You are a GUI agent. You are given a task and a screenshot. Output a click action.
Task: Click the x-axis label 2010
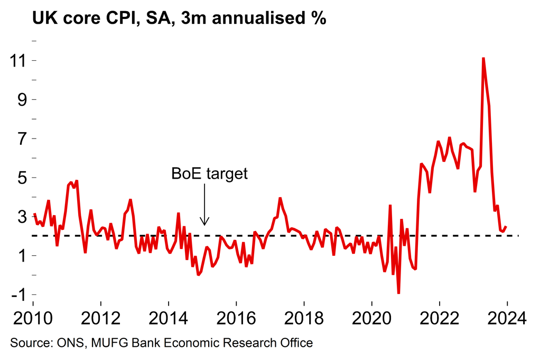click(x=33, y=319)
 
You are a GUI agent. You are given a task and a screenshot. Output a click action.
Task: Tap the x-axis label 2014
click(x=169, y=319)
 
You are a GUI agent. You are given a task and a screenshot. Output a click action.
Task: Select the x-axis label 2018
click(x=304, y=319)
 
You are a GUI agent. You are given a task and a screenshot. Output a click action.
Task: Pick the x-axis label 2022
click(x=439, y=319)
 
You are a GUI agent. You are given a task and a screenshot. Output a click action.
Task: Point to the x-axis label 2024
click(x=507, y=319)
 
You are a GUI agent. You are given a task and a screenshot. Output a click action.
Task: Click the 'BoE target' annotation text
click(x=210, y=174)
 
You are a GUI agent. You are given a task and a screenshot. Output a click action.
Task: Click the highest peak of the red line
click(x=483, y=58)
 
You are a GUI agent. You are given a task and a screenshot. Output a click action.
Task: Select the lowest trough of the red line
click(x=398, y=293)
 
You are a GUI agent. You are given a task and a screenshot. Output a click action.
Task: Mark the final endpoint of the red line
click(x=506, y=227)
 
